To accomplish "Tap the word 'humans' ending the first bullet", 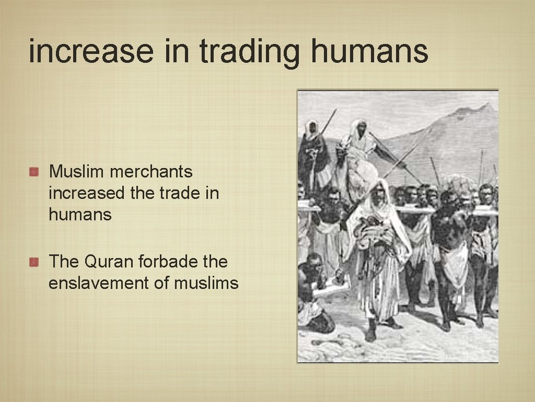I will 80,215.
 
